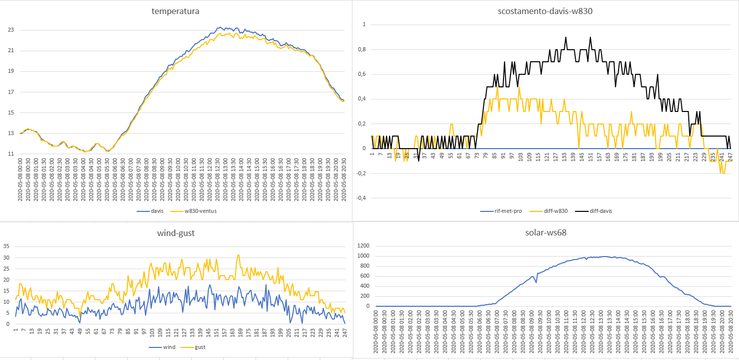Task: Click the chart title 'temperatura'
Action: point(175,11)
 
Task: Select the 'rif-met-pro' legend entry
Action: point(507,211)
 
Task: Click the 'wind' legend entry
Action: point(168,347)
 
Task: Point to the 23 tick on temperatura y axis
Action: point(11,30)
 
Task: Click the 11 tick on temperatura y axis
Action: point(11,154)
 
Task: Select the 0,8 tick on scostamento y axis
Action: point(361,49)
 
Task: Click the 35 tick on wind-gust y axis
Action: point(7,246)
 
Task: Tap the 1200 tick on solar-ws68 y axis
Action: point(363,246)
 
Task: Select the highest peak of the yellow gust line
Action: point(238,255)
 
